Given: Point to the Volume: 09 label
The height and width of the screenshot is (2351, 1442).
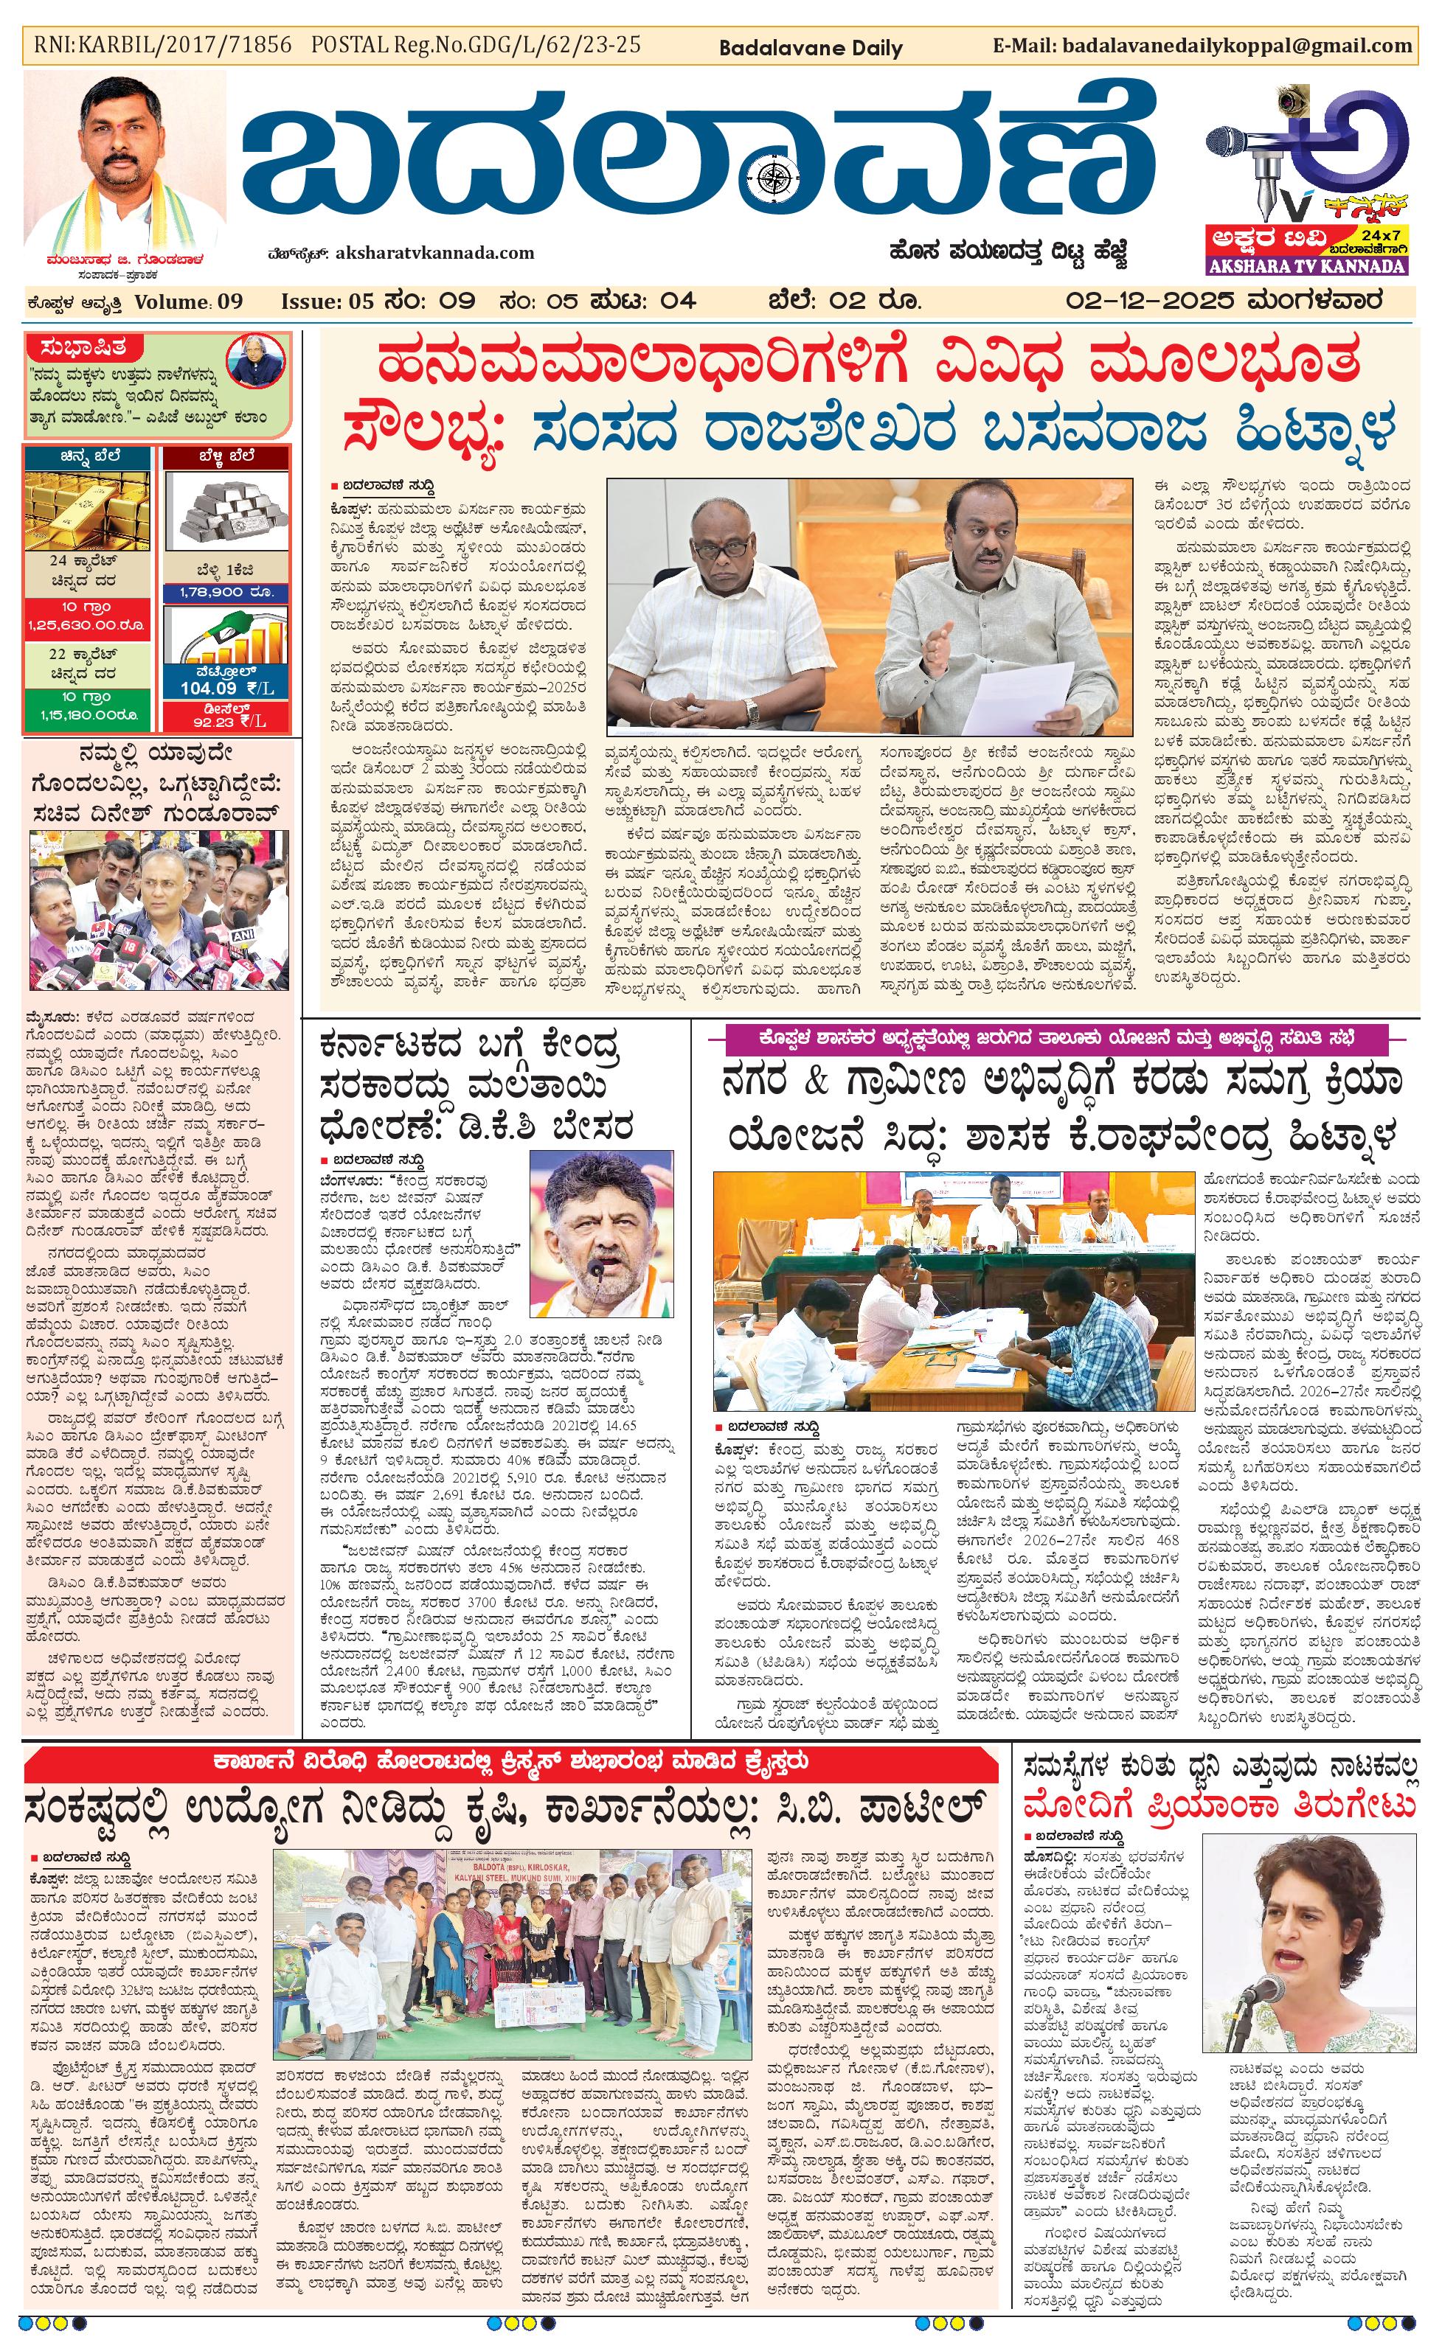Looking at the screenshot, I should [189, 302].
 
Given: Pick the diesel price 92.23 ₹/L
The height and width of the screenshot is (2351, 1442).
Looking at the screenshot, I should [226, 720].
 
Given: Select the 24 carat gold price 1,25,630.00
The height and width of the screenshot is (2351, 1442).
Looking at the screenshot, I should [87, 625].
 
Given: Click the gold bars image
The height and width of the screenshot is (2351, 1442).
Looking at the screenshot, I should [87, 509].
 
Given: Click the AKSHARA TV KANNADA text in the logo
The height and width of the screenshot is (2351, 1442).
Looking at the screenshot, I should [1306, 266].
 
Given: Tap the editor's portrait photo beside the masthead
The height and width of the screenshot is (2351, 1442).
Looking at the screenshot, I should [125, 162].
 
